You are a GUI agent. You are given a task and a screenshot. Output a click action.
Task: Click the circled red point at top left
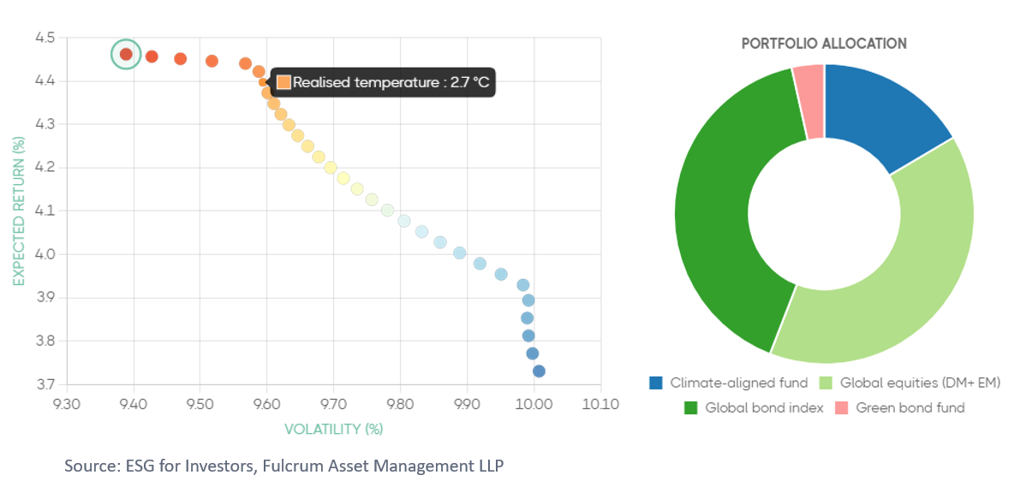(126, 54)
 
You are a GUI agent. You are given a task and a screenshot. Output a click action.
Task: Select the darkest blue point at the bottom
(539, 371)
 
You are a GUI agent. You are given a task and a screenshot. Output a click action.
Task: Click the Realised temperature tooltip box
(383, 82)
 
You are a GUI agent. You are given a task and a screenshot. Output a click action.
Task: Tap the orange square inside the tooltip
(283, 82)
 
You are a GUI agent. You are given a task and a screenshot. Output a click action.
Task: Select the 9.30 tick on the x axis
(67, 405)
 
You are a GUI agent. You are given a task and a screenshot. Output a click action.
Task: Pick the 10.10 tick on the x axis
(600, 405)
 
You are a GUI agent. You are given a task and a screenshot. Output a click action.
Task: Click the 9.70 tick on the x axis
(334, 405)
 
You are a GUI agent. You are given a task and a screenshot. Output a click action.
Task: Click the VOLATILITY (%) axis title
(334, 428)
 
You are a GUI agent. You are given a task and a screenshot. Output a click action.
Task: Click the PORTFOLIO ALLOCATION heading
(824, 44)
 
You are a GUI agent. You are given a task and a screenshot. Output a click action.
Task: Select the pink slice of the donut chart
(809, 102)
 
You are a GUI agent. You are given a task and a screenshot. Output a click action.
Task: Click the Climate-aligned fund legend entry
(728, 383)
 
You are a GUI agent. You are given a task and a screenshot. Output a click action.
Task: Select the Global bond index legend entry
(745, 408)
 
